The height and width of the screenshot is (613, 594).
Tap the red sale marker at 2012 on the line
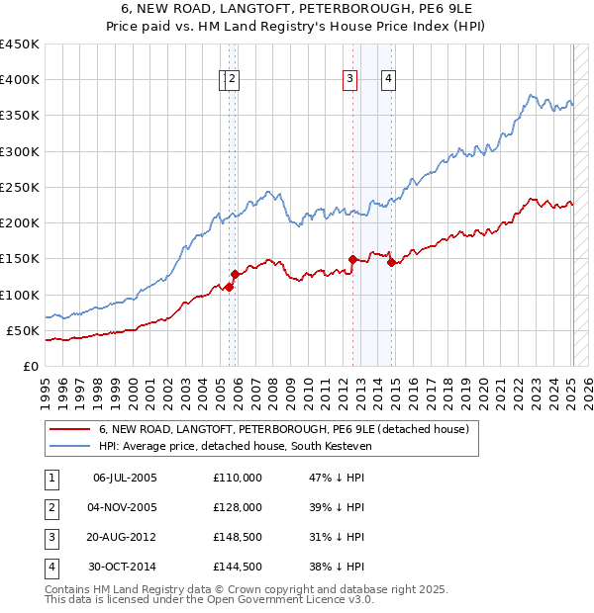click(352, 259)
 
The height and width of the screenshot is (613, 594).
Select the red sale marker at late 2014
click(391, 262)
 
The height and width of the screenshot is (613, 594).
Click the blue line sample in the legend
click(68, 446)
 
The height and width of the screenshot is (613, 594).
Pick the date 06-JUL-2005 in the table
click(125, 478)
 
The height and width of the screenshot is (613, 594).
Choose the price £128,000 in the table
click(238, 507)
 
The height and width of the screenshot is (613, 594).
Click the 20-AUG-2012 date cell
click(125, 537)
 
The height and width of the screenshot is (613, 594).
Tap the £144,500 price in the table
click(238, 567)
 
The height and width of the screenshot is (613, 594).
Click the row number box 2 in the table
click(49, 507)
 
